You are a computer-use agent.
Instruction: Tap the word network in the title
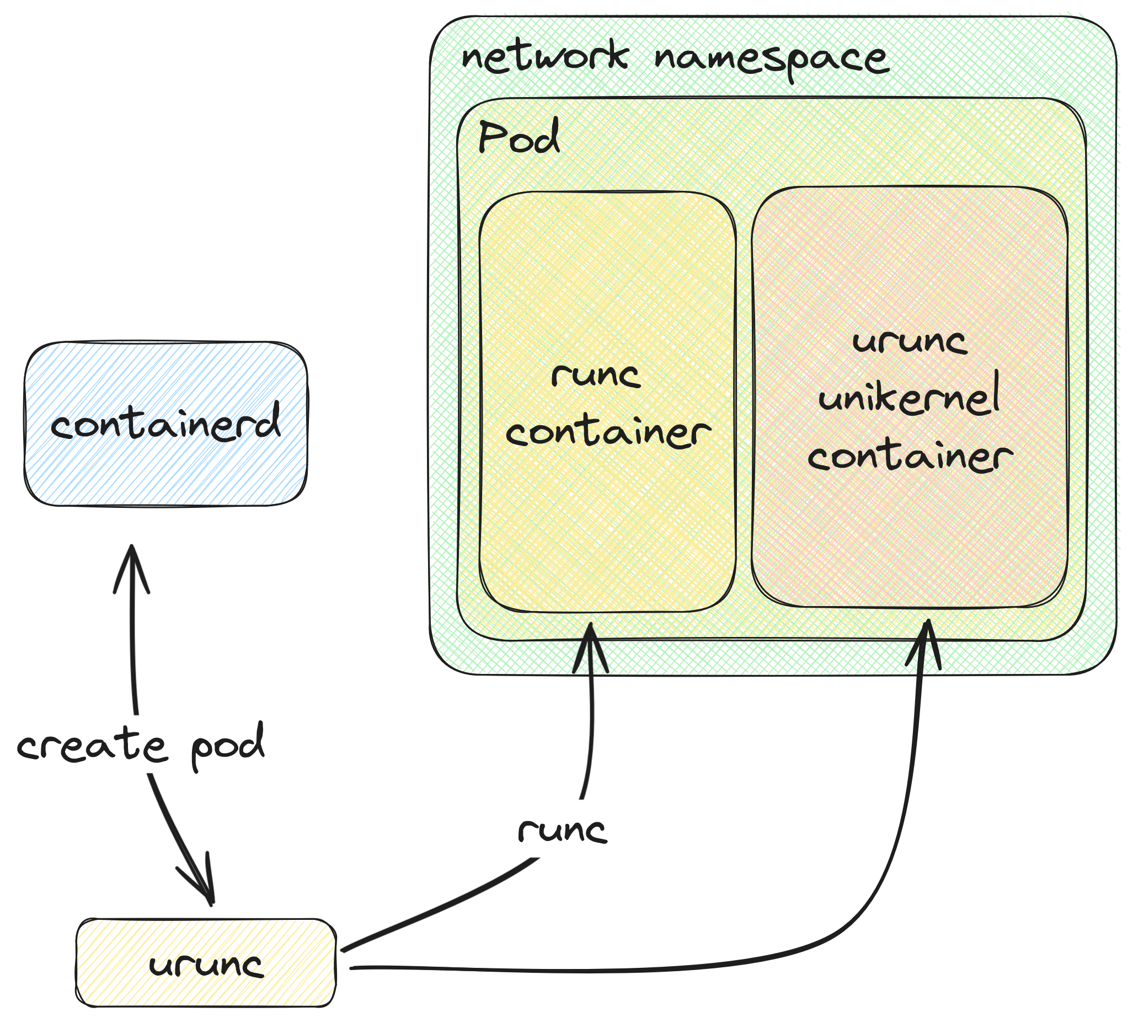click(543, 57)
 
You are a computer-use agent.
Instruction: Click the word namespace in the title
click(772, 61)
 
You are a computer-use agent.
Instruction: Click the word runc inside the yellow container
click(596, 374)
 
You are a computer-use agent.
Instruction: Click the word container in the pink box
click(910, 456)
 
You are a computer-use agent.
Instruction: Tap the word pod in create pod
click(228, 745)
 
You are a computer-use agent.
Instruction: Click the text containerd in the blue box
click(166, 422)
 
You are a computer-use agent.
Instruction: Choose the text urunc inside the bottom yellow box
click(206, 966)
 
